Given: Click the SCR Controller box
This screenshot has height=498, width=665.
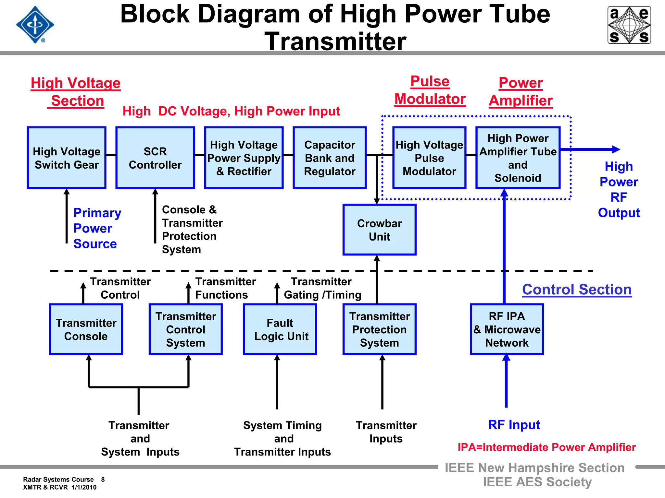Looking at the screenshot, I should pyautogui.click(x=155, y=158).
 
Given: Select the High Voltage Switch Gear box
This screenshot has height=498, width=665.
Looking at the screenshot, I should pyautogui.click(x=67, y=158).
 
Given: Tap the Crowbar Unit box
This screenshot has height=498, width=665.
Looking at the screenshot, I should pyautogui.click(x=379, y=230).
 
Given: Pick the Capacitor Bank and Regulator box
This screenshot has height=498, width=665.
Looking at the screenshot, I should pyautogui.click(x=330, y=158).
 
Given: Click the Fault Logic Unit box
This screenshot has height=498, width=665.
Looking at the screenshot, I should pyautogui.click(x=280, y=329).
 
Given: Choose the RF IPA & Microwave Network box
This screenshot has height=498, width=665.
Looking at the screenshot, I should pyautogui.click(x=507, y=329).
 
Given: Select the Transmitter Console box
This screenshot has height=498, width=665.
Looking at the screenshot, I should pyautogui.click(x=86, y=329).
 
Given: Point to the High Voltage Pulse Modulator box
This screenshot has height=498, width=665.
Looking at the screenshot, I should pyautogui.click(x=429, y=158).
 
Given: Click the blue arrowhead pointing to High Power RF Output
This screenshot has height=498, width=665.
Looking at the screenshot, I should pyautogui.click(x=616, y=149).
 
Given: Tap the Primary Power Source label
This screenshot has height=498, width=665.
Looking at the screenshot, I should pyautogui.click(x=97, y=228).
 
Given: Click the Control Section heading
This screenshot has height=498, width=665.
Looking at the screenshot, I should pyautogui.click(x=577, y=290).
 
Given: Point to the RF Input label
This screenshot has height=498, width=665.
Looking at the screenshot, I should pyautogui.click(x=514, y=425).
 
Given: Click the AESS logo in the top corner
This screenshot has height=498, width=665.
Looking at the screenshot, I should pyautogui.click(x=629, y=25).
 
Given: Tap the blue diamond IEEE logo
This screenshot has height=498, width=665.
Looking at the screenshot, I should pyautogui.click(x=35, y=25).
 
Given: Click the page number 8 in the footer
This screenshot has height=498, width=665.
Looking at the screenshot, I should pyautogui.click(x=103, y=480).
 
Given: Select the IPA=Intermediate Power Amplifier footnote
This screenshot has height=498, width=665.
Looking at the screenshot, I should pyautogui.click(x=546, y=447).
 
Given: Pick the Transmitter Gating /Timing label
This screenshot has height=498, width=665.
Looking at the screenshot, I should pyautogui.click(x=322, y=288).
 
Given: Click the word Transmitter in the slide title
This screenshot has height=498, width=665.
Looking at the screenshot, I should pyautogui.click(x=335, y=41).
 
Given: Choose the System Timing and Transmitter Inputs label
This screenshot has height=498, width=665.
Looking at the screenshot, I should pyautogui.click(x=282, y=438).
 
